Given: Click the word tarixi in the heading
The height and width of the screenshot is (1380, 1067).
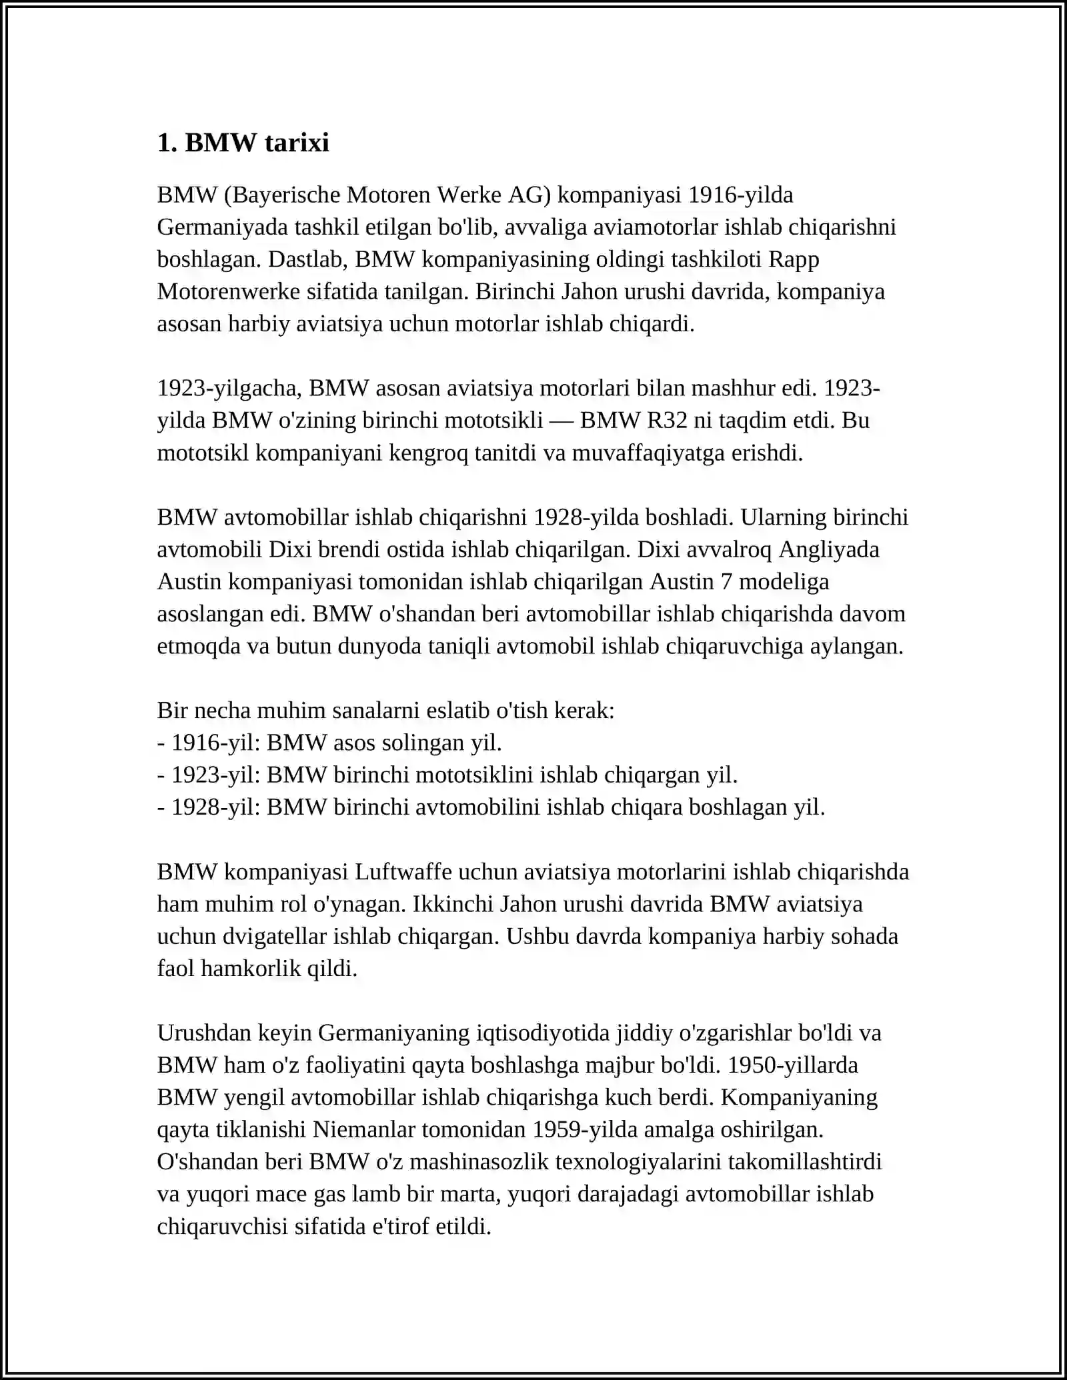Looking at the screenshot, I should [294, 143].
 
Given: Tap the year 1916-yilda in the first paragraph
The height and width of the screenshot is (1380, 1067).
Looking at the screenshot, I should [740, 195].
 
